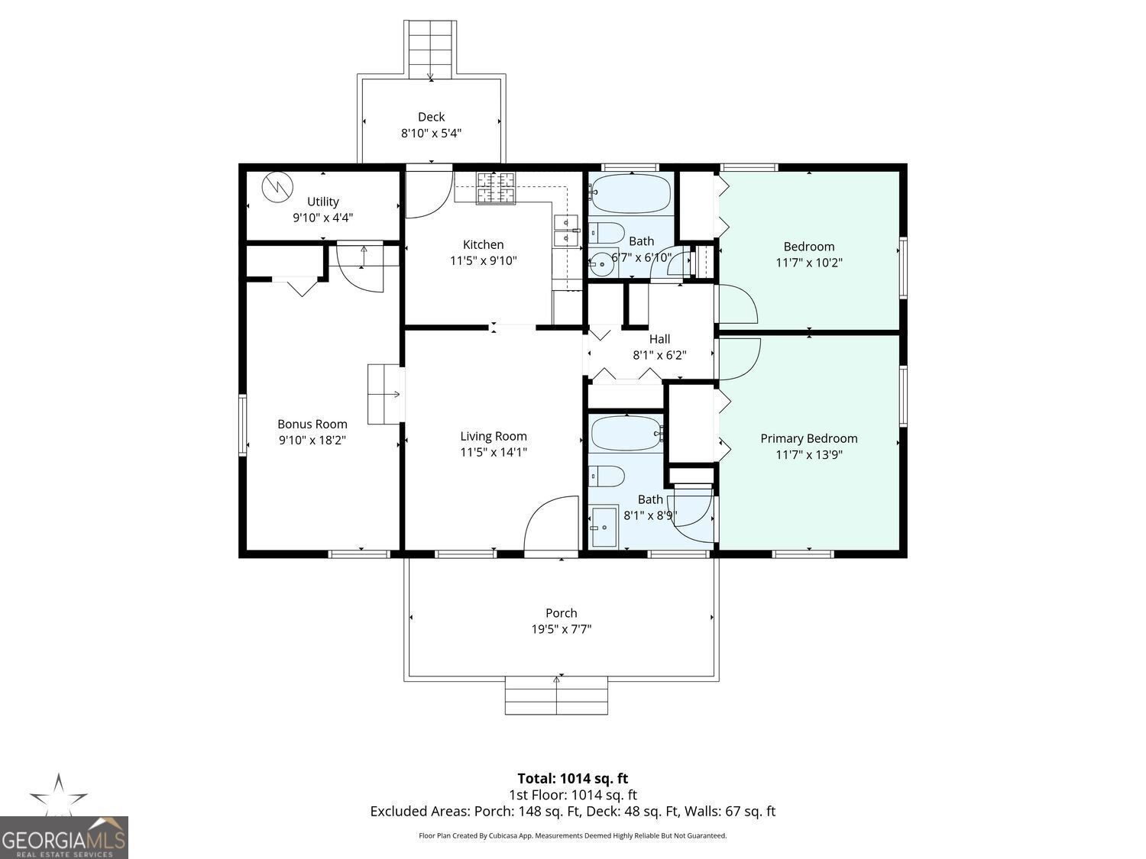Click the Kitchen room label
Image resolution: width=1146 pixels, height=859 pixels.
[483, 244]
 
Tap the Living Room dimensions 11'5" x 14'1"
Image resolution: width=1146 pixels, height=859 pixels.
[494, 452]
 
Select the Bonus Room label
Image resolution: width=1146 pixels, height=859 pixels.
[312, 424]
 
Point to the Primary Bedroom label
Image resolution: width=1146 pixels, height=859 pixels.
[809, 438]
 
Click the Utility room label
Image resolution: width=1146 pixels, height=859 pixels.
[322, 202]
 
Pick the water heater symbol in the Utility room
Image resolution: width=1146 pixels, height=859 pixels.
[277, 186]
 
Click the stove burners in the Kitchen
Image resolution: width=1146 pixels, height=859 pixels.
[496, 188]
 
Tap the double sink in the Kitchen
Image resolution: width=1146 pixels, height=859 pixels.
[566, 230]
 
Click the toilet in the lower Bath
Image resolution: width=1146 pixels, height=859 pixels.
[607, 476]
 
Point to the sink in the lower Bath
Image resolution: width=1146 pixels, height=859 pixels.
[604, 527]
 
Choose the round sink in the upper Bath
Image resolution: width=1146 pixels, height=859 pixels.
[603, 264]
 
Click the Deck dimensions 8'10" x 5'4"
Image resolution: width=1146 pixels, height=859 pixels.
[431, 133]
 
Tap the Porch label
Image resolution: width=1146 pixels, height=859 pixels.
[562, 613]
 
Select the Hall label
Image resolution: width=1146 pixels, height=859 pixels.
[659, 339]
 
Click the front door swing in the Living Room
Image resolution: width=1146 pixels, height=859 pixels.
[552, 523]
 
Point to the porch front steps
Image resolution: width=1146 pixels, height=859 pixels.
[556, 696]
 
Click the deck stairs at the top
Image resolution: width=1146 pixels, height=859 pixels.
[430, 50]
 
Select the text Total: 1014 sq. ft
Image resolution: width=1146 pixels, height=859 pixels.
[573, 779]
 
